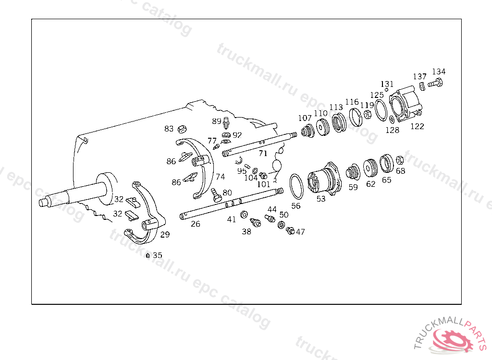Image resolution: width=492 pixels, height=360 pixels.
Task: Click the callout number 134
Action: point(439,72)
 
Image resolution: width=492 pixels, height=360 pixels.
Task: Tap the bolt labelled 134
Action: point(435,84)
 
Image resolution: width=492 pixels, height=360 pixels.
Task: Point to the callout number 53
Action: point(320,198)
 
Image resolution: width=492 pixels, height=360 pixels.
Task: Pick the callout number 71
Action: point(263,154)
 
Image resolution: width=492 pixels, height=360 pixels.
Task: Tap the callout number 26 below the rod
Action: point(196,224)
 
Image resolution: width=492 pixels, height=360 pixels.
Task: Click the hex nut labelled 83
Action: point(182,129)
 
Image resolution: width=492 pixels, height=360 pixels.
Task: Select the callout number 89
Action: point(216,121)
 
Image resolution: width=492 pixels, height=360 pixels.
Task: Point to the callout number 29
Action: point(165,235)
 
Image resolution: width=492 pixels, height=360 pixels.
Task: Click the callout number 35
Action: point(157,255)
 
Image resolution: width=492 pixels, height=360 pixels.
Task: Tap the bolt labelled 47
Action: point(290,231)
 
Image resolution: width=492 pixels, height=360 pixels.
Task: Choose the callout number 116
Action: point(352,102)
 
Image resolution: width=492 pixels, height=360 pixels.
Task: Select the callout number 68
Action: point(400,171)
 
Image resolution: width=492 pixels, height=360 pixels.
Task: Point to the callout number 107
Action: point(305,118)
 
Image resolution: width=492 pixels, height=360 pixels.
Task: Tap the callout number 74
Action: point(220,177)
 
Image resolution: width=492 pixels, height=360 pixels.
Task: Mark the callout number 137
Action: point(419,77)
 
